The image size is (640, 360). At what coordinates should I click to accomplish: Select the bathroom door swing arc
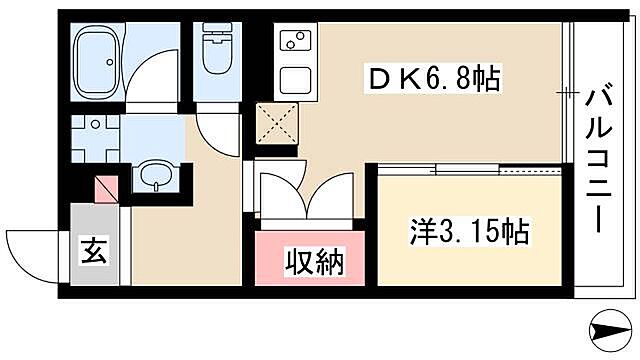155,75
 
